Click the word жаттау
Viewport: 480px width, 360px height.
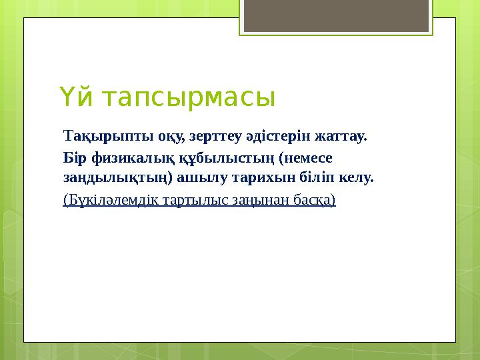339,137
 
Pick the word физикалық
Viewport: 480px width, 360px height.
123,159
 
